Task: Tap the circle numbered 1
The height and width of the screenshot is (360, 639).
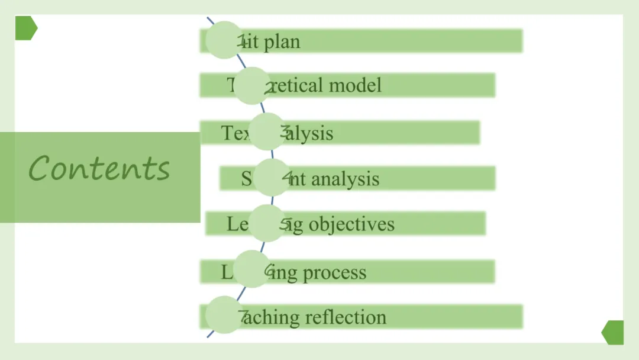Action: [225, 40]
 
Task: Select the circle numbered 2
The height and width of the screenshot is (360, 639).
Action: [252, 86]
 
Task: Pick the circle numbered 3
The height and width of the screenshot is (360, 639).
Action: [267, 131]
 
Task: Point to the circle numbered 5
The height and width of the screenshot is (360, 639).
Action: [267, 223]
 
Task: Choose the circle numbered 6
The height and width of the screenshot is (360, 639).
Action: [253, 269]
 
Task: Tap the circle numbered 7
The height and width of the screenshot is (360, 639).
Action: [225, 315]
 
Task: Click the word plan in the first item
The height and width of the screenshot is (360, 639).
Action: [282, 42]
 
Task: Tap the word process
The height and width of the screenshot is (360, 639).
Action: [334, 272]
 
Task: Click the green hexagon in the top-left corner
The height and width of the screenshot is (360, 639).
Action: [26, 28]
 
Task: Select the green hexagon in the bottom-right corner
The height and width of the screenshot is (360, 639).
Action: [613, 332]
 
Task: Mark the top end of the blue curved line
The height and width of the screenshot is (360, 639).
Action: [208, 18]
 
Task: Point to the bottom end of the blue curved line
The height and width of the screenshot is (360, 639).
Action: [208, 337]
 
